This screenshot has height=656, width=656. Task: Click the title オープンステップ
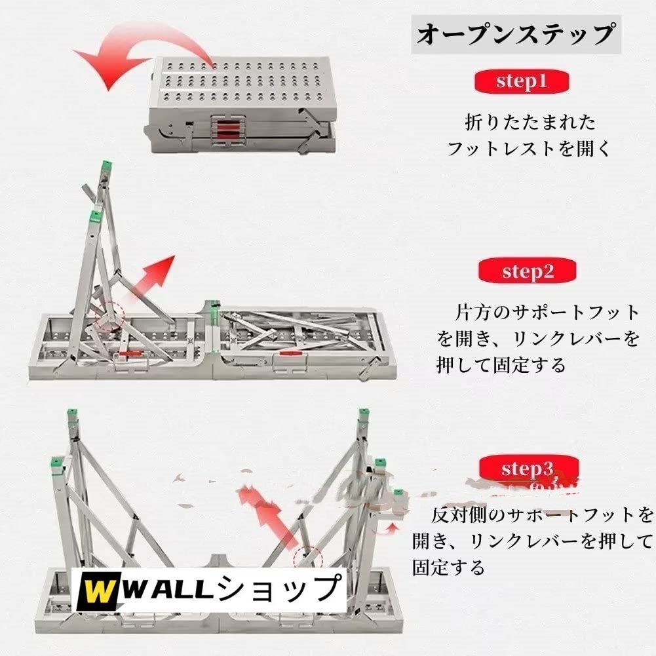517,34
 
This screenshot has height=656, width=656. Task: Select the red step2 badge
528,271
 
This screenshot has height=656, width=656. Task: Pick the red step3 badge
528,469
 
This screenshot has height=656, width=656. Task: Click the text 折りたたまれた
522,122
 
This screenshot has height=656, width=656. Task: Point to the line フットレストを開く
528,149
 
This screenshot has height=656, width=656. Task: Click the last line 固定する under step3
449,567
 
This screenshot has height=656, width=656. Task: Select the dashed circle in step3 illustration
308,559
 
